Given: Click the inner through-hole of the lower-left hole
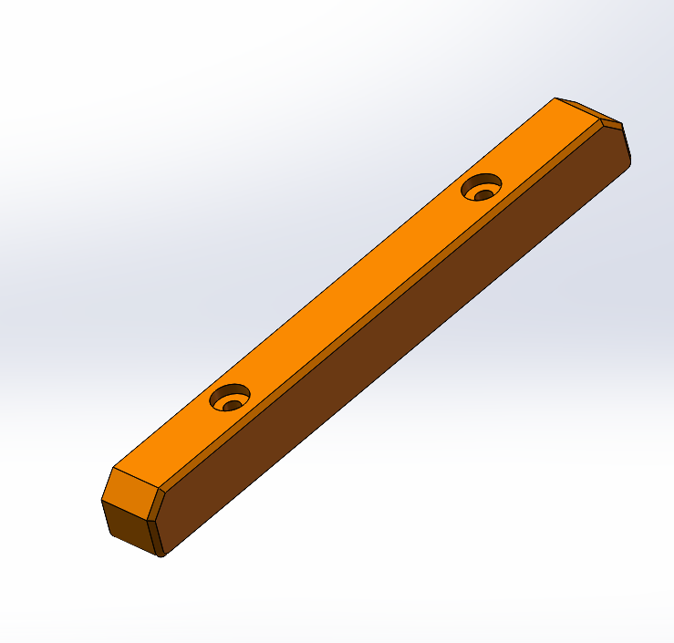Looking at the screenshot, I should point(233,404).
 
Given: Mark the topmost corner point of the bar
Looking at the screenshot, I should point(556,98).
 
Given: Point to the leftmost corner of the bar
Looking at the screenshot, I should point(100,499).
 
